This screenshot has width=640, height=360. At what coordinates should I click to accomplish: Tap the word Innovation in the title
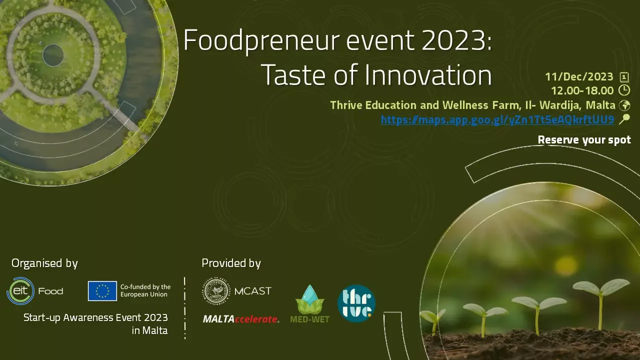point(428,75)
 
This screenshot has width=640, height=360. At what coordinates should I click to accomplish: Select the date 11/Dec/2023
point(579,76)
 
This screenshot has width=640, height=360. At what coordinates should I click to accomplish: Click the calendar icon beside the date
point(624,77)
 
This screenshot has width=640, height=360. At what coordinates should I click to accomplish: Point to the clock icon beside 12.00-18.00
point(624,90)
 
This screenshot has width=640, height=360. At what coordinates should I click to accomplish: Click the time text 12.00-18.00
point(582,90)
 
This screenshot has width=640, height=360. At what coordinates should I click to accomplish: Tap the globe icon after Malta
point(624,105)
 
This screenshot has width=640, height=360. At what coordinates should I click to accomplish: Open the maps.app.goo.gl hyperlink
point(497,119)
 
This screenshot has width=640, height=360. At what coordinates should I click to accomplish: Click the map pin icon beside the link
point(624,119)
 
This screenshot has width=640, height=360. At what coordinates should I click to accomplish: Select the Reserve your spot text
point(584,139)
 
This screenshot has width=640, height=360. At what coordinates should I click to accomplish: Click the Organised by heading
point(44,263)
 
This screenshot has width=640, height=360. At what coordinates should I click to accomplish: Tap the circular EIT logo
point(20,291)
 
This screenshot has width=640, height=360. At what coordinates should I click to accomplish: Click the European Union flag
point(102,291)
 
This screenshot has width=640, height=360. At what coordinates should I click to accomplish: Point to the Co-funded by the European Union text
point(145,290)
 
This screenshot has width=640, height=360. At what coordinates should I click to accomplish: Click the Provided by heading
point(231,263)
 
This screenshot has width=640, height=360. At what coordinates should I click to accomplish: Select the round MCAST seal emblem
point(216,291)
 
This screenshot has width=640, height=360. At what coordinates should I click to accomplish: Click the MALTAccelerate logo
point(241,319)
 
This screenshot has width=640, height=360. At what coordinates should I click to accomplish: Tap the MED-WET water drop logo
point(310,304)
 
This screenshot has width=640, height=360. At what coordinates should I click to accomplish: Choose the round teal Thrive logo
point(356,303)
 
